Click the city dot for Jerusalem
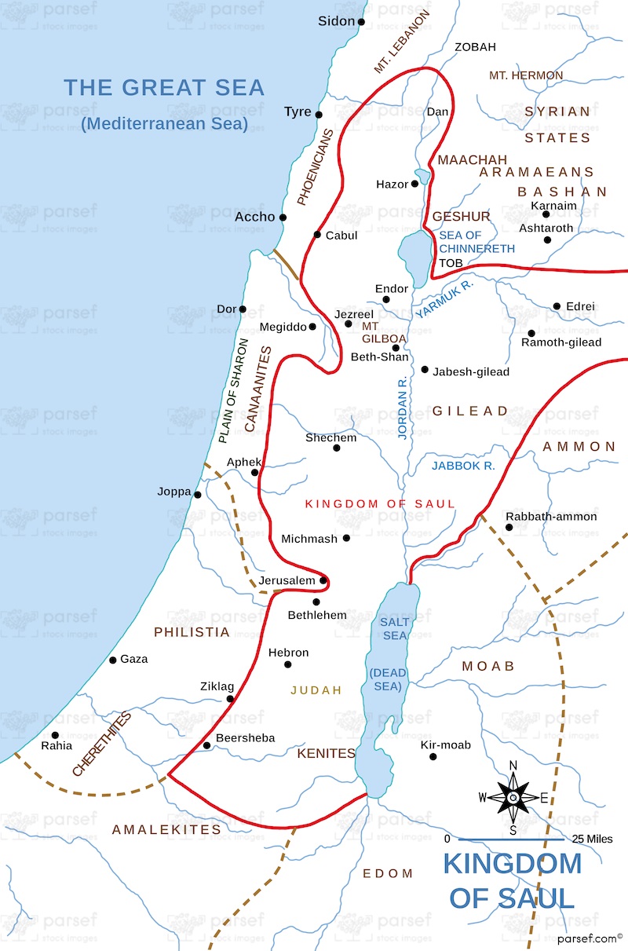323,580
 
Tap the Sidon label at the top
337,21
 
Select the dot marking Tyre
319,114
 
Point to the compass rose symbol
513,797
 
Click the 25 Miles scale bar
511,839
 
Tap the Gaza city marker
112,660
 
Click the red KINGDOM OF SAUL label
380,503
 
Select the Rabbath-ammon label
551,517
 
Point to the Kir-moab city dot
433,757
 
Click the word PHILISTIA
192,632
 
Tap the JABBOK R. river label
463,466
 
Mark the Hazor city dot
414,184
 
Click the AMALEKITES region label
166,829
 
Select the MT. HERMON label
525,75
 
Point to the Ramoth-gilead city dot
531,333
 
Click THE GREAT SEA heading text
164,88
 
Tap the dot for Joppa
198,495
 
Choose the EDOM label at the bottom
387,873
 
